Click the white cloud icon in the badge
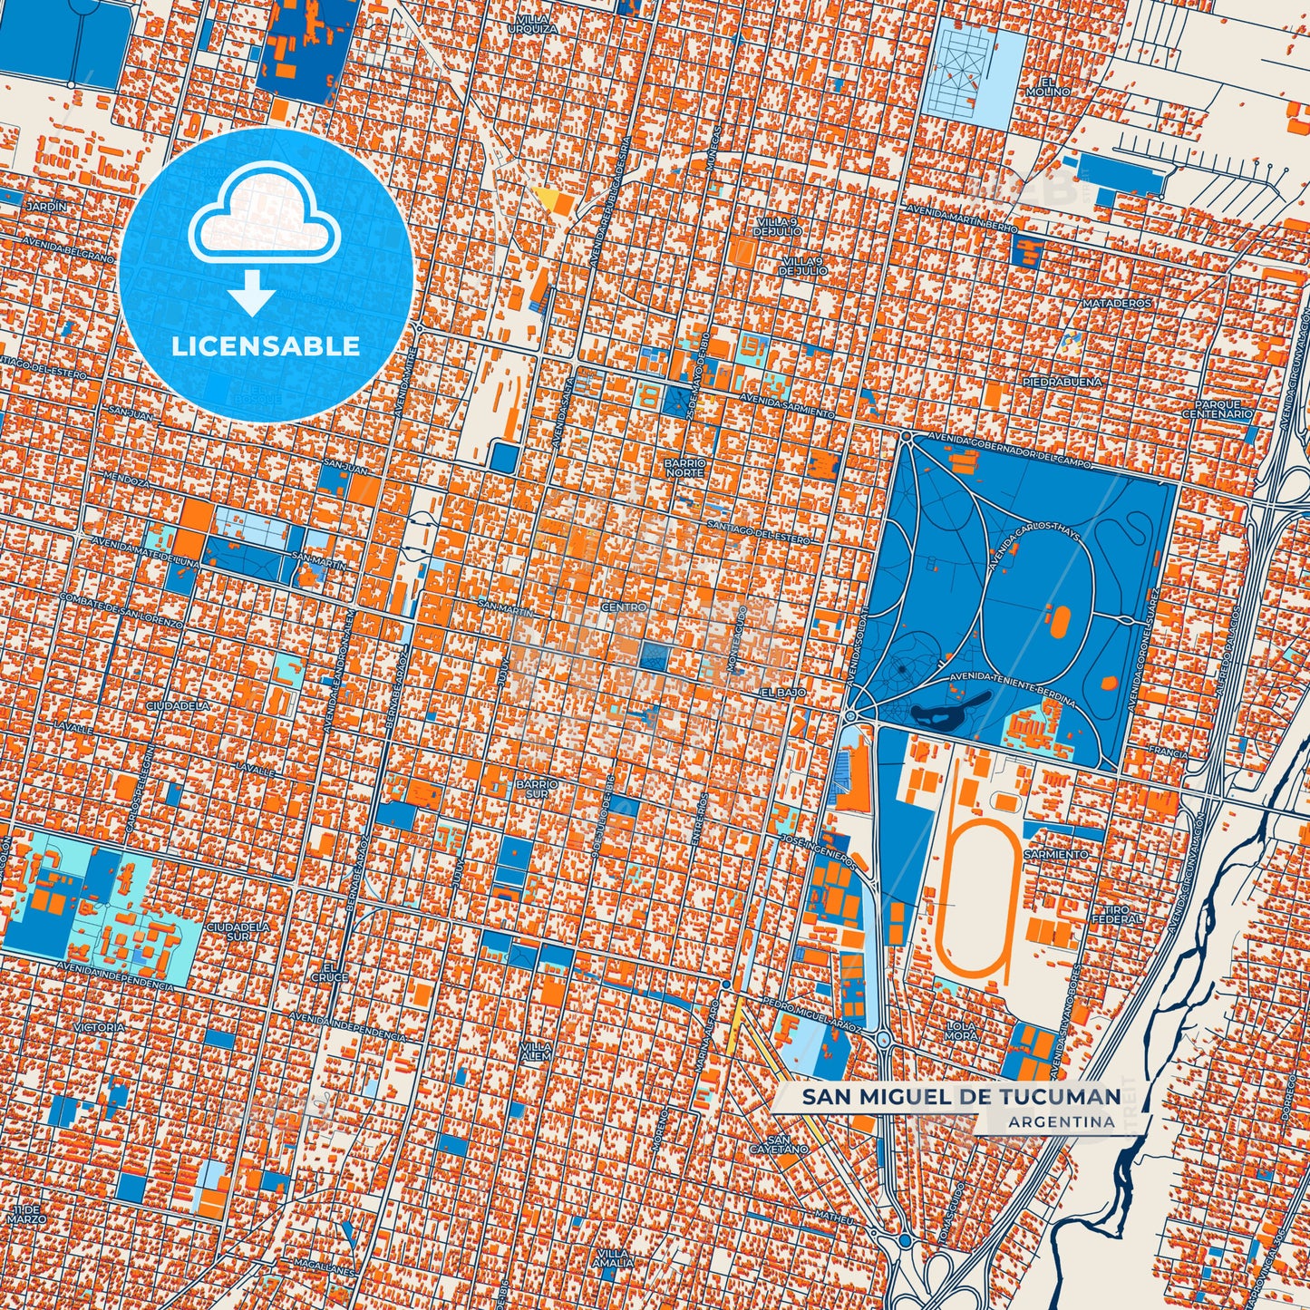[264, 221]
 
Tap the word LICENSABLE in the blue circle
[266, 346]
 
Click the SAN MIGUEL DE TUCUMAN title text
[961, 1097]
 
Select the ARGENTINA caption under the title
[1061, 1121]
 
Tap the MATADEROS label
[1117, 304]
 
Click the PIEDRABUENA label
[1063, 383]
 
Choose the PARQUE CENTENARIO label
[1218, 409]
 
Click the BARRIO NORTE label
[684, 468]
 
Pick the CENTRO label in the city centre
[625, 607]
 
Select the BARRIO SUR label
[537, 787]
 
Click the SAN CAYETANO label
[778, 1144]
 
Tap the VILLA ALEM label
[536, 1051]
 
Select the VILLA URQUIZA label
[533, 24]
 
